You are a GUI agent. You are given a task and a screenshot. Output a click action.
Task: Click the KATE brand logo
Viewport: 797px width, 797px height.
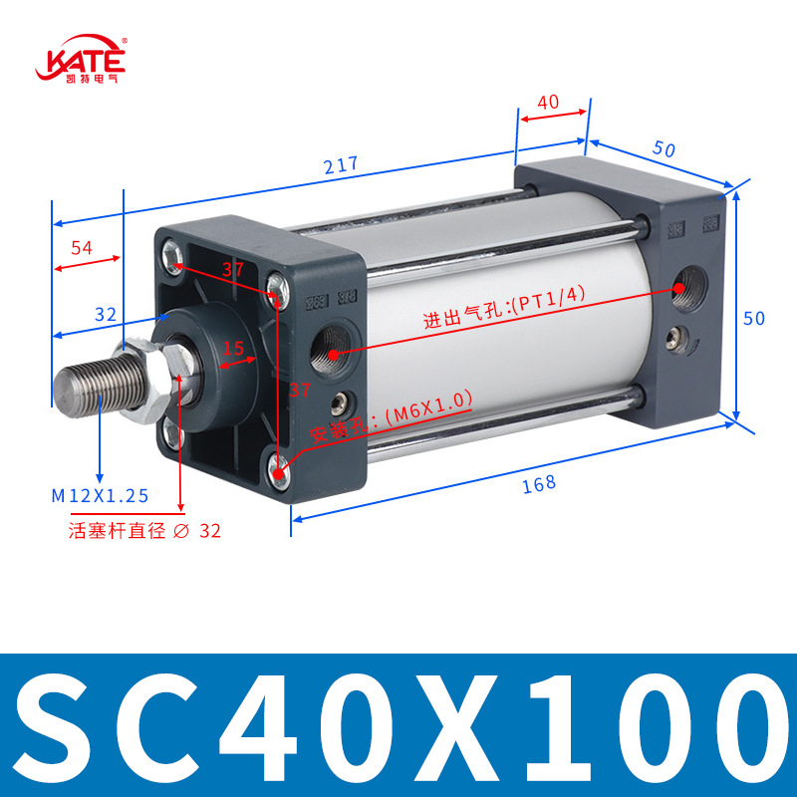[x=81, y=59]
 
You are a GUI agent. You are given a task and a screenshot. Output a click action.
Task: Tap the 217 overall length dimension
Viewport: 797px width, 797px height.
[x=341, y=164]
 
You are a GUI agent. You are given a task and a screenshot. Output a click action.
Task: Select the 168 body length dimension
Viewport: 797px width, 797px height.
[x=539, y=484]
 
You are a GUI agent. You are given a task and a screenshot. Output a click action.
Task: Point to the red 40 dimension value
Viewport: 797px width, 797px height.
[x=548, y=103]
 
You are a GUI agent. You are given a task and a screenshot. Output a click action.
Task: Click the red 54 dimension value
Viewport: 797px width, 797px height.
[x=82, y=247]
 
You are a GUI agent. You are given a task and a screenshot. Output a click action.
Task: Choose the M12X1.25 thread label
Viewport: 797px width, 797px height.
[x=100, y=495]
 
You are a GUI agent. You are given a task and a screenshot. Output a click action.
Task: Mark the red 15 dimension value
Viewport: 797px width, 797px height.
[x=233, y=348]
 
